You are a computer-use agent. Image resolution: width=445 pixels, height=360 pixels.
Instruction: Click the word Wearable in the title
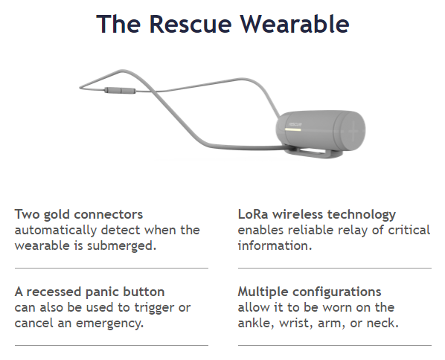click(x=292, y=24)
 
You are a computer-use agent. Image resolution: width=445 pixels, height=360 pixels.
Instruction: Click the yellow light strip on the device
click(x=291, y=128)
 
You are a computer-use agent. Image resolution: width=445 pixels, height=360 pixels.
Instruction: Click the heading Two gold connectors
click(x=79, y=214)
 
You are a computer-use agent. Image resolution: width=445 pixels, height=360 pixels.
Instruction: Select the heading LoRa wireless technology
click(x=317, y=214)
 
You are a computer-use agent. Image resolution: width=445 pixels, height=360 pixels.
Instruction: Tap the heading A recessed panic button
click(x=89, y=292)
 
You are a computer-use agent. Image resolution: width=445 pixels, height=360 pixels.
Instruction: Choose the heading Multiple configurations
click(x=310, y=292)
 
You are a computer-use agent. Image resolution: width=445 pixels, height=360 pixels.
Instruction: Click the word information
click(x=273, y=245)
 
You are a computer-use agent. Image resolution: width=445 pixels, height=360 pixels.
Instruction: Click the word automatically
click(x=54, y=230)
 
